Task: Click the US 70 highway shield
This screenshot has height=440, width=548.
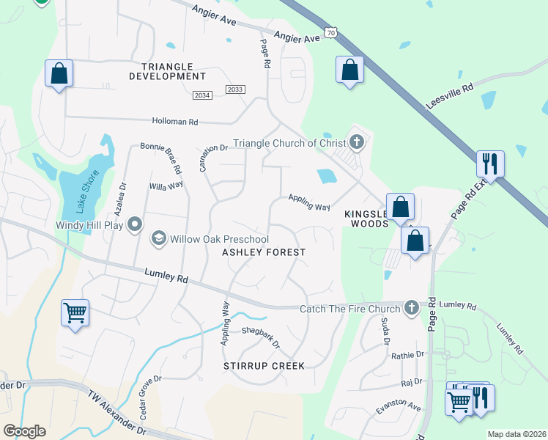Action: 332,33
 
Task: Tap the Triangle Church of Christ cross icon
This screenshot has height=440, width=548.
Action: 357,142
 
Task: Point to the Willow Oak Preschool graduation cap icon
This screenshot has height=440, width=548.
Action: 158,238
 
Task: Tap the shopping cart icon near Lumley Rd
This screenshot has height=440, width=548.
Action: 75,312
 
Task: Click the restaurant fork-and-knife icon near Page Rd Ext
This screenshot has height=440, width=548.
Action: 489,164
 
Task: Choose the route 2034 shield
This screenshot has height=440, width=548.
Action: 203,95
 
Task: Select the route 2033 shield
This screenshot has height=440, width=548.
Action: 235,89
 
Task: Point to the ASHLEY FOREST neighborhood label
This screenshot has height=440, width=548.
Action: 264,252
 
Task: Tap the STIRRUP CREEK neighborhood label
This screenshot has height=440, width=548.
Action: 264,365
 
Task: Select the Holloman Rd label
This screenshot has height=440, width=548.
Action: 175,122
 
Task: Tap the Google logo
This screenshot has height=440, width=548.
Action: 24,431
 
